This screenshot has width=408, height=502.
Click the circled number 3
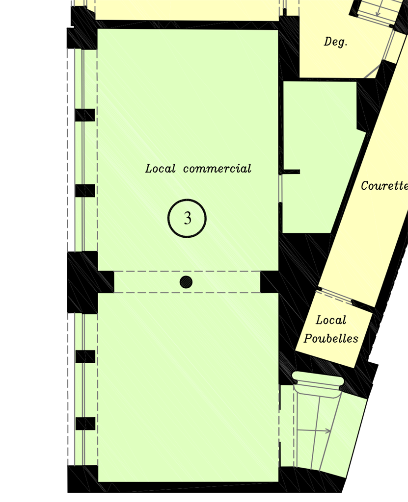point(187,218)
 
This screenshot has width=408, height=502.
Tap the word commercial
point(217,169)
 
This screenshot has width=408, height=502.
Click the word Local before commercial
point(161,169)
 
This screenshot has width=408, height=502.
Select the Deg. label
point(335,42)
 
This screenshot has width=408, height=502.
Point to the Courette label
point(384,186)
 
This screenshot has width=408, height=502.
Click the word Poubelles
point(331,338)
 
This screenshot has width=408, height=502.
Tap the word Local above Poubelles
point(331,320)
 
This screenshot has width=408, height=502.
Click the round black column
point(186,282)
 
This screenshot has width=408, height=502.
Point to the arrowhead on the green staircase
point(328,431)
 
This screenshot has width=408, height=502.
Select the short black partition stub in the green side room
point(290,172)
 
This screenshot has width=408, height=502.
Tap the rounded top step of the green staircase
point(318,379)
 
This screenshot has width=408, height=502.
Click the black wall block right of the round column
point(270,282)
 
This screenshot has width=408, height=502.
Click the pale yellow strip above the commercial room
point(187,10)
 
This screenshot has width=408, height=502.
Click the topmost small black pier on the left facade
point(85,115)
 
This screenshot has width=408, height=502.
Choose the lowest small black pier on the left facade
point(85,423)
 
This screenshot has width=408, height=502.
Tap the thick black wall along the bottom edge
point(205,487)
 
